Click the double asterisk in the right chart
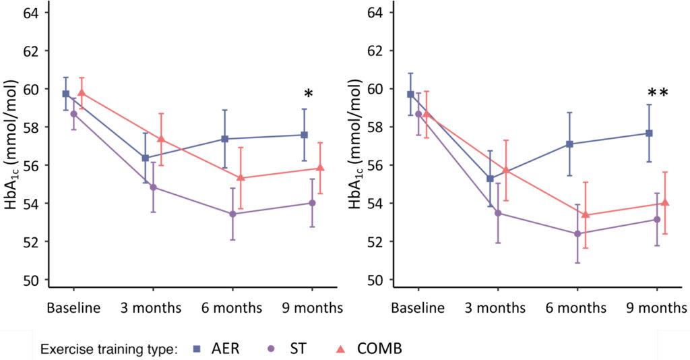coord(658,94)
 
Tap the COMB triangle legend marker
coord(340,349)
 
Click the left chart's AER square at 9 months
coord(305,135)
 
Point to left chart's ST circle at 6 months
coord(232,214)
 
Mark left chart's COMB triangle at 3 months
coord(160,139)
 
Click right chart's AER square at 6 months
coord(569,144)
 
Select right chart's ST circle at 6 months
coord(577,233)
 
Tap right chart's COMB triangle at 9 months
coord(665,202)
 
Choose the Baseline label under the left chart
coord(73,308)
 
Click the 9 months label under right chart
coord(657,308)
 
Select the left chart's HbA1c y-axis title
coord(11,146)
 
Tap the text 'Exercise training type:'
coord(108,349)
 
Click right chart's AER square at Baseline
coord(410,94)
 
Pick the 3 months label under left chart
coord(152,308)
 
